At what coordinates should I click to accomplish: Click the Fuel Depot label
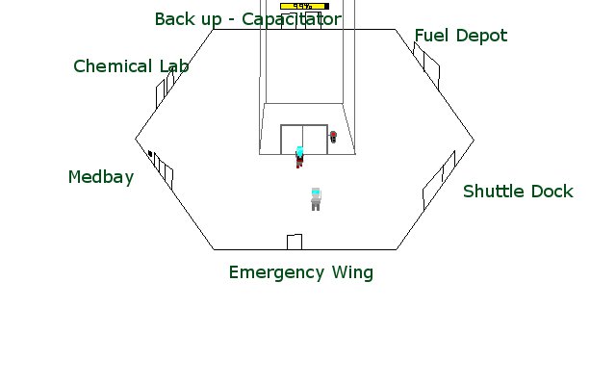pos(460,37)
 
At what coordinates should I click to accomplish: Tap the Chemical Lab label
pos(130,66)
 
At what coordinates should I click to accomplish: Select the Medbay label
pos(100,177)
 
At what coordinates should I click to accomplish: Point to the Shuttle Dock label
pos(517,192)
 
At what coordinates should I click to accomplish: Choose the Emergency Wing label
pos(300,272)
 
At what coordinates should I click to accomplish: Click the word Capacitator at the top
pos(292,19)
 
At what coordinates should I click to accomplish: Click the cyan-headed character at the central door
pos(299,156)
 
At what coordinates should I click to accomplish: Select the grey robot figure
pos(315,198)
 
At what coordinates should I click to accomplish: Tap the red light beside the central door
pos(333,137)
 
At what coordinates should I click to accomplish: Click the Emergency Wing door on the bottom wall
pos(295,242)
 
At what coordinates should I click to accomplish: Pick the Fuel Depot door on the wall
pos(426,62)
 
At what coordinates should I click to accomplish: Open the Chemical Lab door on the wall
pos(166,88)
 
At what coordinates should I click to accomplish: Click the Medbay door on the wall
pos(163,168)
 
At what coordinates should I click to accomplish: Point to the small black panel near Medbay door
pos(150,153)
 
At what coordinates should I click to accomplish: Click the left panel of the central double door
pos(291,139)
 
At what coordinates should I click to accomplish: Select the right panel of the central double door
pos(314,139)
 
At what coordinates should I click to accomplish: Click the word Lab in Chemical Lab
pos(169,66)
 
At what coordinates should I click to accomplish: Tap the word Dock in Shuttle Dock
pos(552,192)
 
